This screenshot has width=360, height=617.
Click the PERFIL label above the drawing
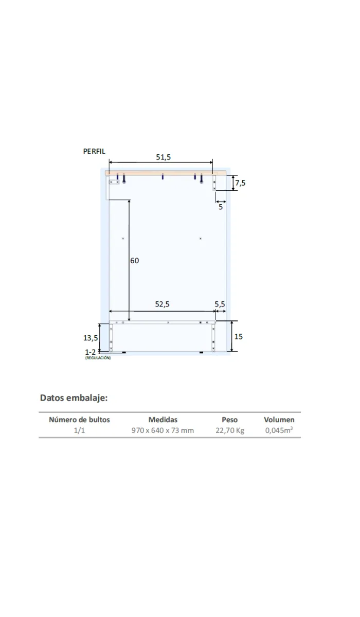[x=94, y=152]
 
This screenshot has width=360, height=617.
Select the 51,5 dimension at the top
[x=164, y=157]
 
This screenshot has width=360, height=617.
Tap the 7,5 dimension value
[x=240, y=183]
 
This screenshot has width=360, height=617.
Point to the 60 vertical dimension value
[x=134, y=261]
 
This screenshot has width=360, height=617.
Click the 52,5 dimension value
[x=162, y=304]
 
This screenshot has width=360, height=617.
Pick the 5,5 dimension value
[x=220, y=304]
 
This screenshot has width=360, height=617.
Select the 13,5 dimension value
[x=91, y=338]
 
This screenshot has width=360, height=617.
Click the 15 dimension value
[x=239, y=337]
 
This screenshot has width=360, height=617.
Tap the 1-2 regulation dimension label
[x=90, y=352]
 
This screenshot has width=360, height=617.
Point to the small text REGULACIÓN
[x=98, y=358]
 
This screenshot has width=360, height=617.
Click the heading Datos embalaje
[x=74, y=397]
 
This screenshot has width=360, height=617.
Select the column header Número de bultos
[x=79, y=420]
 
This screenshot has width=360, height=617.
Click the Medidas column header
[x=163, y=420]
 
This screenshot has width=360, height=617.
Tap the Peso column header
[x=229, y=420]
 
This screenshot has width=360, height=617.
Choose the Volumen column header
[x=279, y=420]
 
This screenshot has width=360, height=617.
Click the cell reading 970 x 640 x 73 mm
[x=163, y=430]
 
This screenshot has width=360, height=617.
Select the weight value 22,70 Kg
[x=230, y=430]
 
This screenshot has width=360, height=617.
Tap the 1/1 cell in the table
[x=79, y=430]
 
